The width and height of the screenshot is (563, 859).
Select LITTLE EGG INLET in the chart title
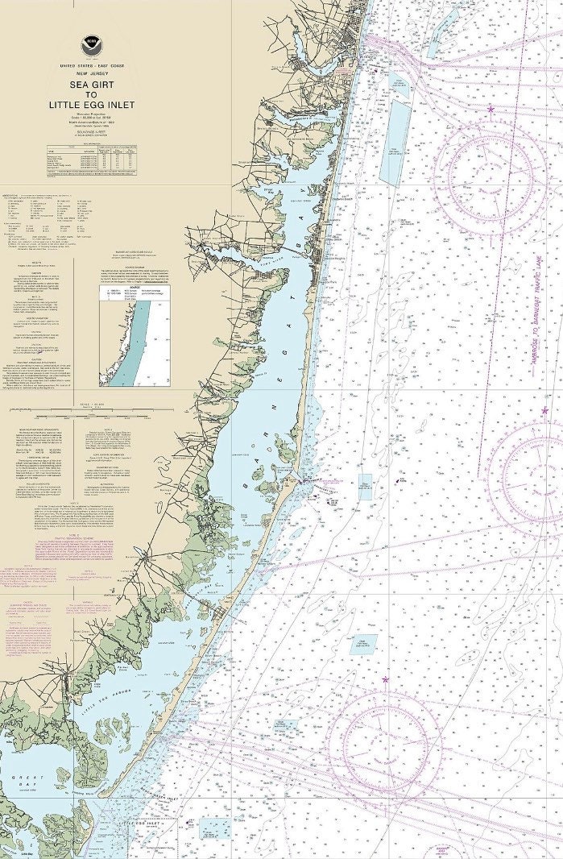(93, 104)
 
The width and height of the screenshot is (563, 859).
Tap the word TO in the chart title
(92, 93)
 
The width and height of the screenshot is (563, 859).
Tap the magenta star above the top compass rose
(491, 109)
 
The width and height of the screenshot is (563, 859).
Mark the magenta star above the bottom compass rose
(385, 679)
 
